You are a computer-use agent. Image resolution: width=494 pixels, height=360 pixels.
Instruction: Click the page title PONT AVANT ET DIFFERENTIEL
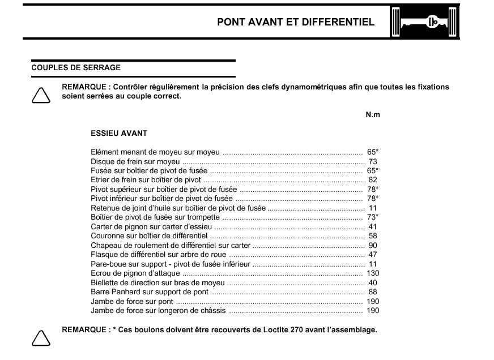[296, 23]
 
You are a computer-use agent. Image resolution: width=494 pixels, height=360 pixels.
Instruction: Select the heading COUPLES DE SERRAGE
[76, 67]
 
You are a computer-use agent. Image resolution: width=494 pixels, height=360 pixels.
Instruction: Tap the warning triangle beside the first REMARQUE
[40, 95]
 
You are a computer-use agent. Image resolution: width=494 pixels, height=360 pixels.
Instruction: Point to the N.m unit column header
[372, 114]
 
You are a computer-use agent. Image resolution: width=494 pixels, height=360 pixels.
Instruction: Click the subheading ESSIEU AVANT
[119, 134]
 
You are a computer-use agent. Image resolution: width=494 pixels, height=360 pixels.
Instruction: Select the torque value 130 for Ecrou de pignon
[373, 273]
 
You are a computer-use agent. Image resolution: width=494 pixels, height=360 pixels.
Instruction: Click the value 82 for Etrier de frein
[373, 180]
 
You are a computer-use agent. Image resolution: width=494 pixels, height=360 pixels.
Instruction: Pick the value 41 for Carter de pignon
[373, 226]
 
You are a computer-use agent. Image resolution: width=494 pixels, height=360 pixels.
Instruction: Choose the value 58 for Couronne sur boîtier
[373, 236]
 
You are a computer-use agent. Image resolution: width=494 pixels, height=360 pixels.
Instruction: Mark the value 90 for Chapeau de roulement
[373, 245]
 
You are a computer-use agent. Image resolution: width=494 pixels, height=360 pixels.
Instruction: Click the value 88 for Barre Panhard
[373, 292]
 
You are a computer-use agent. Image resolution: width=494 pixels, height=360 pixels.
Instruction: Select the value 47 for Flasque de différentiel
[373, 255]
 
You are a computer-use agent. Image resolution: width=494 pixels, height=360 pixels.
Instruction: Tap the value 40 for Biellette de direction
[373, 282]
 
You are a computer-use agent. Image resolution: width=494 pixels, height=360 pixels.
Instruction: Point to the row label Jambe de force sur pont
[132, 301]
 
